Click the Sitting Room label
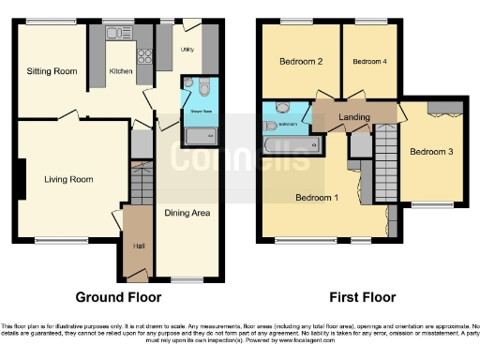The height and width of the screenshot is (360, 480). point(52,70)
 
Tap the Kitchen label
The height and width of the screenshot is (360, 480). point(122,70)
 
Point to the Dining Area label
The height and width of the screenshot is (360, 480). point(187,213)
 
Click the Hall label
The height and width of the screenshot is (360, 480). point(139,247)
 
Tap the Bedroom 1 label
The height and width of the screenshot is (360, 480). point(317,198)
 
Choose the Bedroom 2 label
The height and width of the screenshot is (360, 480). point(301,62)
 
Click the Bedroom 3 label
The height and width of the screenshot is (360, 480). point(431,152)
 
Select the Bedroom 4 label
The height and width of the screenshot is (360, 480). point(368,62)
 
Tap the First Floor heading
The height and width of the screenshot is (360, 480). point(361,297)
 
